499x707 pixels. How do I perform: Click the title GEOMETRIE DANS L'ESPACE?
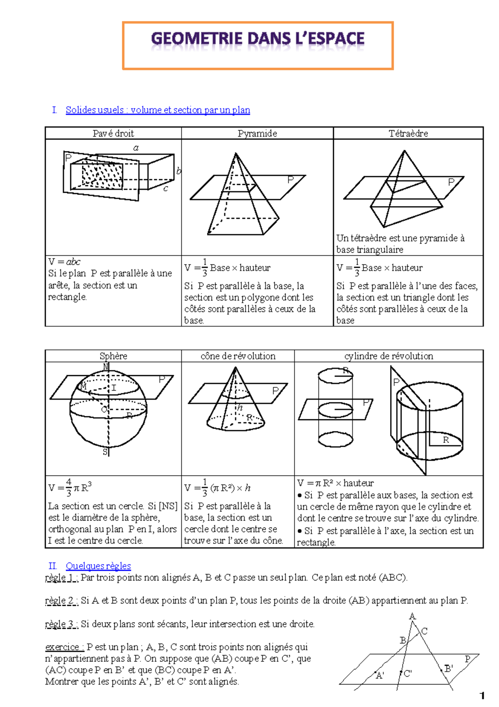pos(257,39)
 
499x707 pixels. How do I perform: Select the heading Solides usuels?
pos(158,110)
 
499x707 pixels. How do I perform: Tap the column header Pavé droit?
pos(113,133)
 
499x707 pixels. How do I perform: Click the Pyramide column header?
pos(257,133)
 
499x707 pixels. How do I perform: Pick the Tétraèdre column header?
pos(408,133)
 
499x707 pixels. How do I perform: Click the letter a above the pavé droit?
pos(136,148)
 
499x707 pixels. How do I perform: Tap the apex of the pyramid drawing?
pos(236,154)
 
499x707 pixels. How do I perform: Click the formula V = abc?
pos(64,261)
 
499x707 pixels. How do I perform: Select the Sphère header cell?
pos(113,356)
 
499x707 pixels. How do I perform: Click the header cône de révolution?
pos(238,356)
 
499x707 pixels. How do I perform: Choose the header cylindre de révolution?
pos(388,356)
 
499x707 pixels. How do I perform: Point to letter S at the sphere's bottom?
pos(105,452)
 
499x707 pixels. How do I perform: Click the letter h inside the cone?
pos(240,408)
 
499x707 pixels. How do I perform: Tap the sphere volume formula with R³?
pos(70,487)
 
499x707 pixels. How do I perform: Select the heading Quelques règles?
pos(98,566)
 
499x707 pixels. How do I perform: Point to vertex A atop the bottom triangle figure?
pos(412,616)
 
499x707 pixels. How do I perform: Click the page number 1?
pos(482,695)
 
